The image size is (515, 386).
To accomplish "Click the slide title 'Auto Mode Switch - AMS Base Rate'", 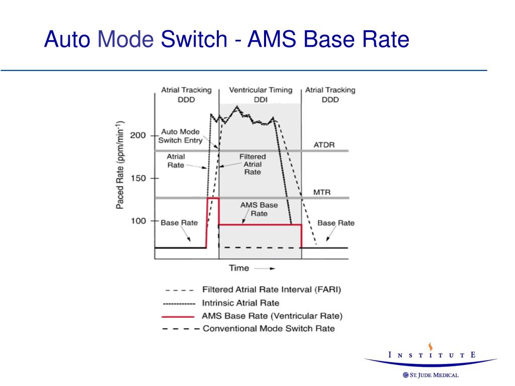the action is point(226,39).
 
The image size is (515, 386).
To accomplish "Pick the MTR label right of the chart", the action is point(321,191).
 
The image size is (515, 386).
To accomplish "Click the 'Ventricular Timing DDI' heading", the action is point(261,94).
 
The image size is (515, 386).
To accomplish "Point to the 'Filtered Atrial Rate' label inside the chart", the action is point(252,164).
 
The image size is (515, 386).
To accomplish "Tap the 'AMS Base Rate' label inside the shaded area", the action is point(259,209).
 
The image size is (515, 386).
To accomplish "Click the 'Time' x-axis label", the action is point(239,268).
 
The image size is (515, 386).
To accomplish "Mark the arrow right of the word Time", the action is point(265,268).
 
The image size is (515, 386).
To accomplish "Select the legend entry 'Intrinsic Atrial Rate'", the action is point(240,303).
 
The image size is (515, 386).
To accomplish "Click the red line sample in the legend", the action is point(179,316).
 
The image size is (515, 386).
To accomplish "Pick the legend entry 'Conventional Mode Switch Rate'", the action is point(269,329).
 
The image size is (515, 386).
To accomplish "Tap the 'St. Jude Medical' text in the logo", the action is point(434,375).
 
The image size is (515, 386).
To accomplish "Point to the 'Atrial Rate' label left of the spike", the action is point(176,160).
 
